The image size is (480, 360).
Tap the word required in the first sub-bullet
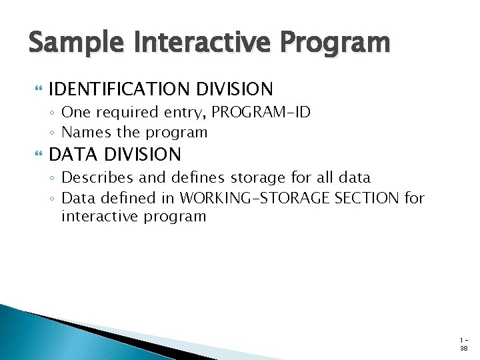tap(122, 113)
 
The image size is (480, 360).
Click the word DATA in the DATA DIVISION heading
tap(72, 155)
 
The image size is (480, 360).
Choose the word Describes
tap(95, 177)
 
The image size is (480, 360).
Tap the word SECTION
tap(369, 198)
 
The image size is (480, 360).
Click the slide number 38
tap(463, 349)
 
